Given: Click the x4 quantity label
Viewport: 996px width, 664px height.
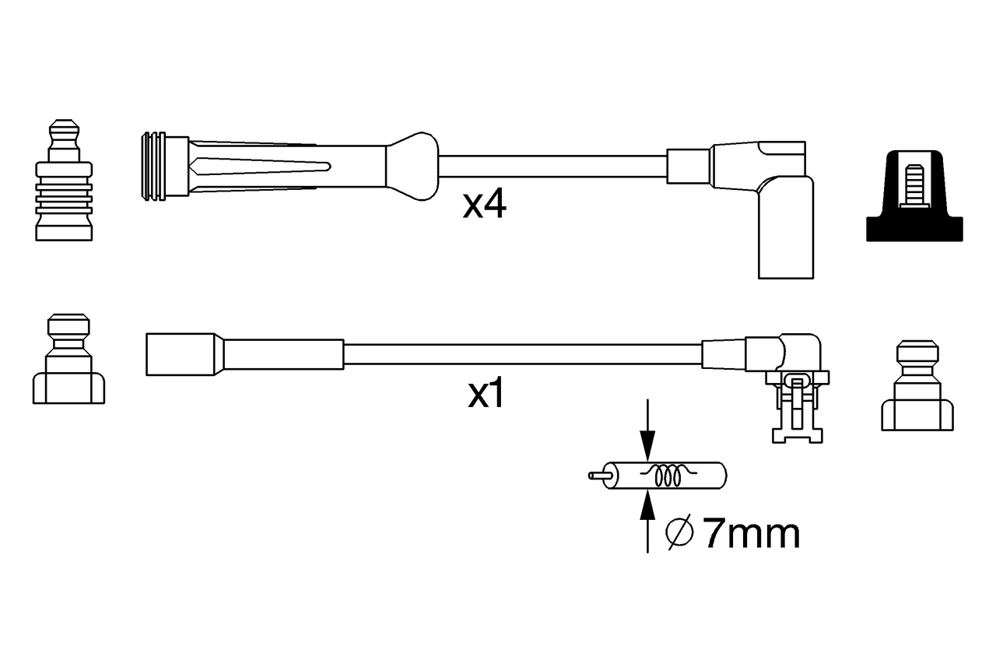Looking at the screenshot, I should tap(485, 206).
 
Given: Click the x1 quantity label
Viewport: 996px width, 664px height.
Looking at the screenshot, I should tap(486, 395).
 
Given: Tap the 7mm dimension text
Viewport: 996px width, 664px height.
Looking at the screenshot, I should tap(751, 534).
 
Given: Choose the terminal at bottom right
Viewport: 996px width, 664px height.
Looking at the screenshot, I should tap(917, 386).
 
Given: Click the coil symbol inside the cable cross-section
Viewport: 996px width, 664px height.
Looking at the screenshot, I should tap(667, 476).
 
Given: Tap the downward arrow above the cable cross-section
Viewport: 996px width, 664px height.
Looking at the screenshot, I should tap(647, 444).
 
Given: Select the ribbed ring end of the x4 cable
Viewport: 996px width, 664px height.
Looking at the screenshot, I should tap(153, 166).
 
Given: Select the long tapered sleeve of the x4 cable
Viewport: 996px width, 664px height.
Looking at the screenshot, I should tap(288, 166).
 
